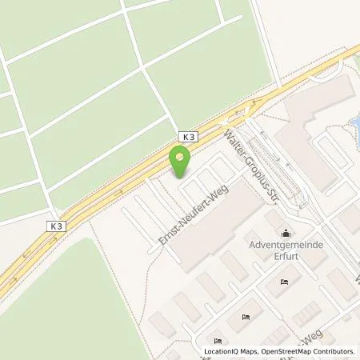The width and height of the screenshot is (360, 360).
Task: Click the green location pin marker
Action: pyautogui.click(x=181, y=160)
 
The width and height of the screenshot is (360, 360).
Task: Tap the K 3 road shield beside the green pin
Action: pyautogui.click(x=186, y=137)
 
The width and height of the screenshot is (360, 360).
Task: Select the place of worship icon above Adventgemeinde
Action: pyautogui.click(x=286, y=232)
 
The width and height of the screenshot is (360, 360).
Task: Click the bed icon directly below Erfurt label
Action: pyautogui.click(x=284, y=282)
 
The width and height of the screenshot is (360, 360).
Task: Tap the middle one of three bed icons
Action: pyautogui.click(x=246, y=317)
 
